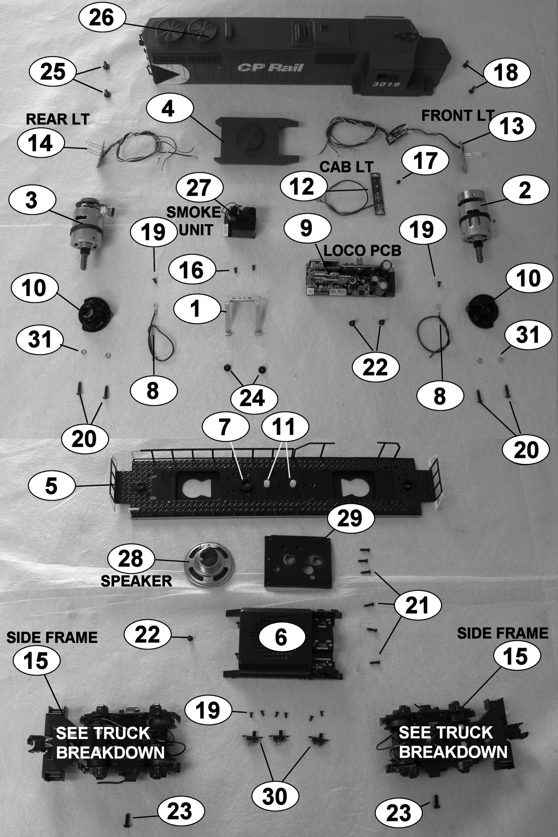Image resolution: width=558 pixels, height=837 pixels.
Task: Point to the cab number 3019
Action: click(x=386, y=85)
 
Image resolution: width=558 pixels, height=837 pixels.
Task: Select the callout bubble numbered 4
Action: click(x=168, y=108)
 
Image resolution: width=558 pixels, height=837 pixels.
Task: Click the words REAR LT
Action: click(x=57, y=119)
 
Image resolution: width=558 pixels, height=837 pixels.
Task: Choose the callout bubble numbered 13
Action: click(x=512, y=127)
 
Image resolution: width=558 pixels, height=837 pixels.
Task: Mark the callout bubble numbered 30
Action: click(x=275, y=797)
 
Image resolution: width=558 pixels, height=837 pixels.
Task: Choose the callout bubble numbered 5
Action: click(x=51, y=485)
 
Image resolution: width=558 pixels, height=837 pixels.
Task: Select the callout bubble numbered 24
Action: click(x=254, y=397)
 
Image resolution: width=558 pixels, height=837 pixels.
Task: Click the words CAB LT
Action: click(x=347, y=166)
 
